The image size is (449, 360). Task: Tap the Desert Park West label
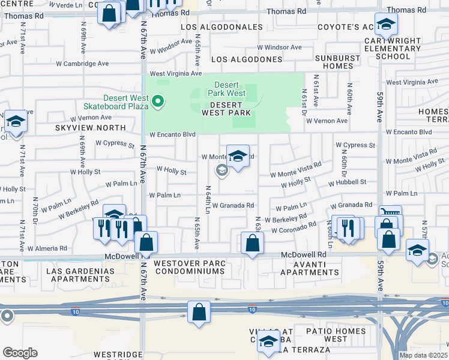pos(227,89)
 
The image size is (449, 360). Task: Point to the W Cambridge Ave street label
pos(82,63)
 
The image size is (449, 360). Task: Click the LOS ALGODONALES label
pos(222,27)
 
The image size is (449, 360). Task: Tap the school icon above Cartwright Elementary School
pos(385,25)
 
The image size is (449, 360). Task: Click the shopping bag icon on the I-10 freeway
pos(199,313)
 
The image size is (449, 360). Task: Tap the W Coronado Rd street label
pos(292,227)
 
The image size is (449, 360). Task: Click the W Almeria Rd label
pos(47,248)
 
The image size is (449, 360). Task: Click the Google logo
pos(20,353)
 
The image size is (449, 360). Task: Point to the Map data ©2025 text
pos(423,355)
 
